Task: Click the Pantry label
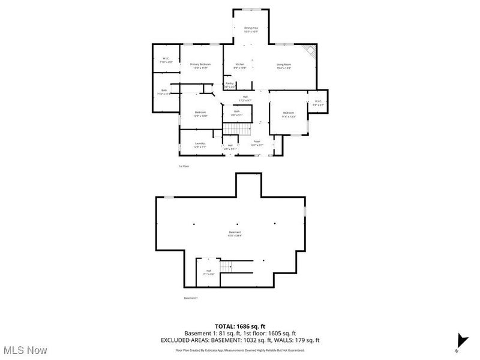(x=230, y=85)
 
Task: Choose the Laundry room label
(x=200, y=145)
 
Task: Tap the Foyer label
(x=257, y=143)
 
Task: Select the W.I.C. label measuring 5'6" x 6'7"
(x=318, y=103)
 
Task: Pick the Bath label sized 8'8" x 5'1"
(x=237, y=113)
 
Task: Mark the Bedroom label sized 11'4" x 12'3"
(x=289, y=115)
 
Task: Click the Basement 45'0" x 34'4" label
(x=235, y=234)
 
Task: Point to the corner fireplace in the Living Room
(x=309, y=51)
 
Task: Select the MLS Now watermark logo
(x=25, y=349)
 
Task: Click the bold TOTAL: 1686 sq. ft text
(x=240, y=326)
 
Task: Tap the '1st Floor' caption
(x=184, y=166)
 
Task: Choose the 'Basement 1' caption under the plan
(x=191, y=298)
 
